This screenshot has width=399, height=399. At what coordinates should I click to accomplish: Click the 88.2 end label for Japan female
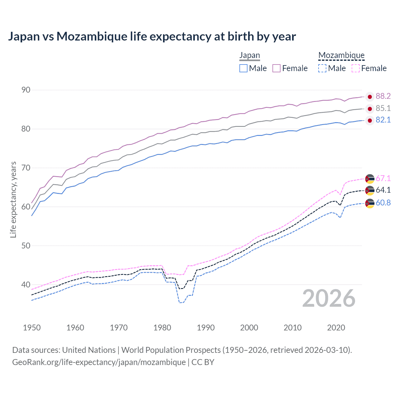[383, 96]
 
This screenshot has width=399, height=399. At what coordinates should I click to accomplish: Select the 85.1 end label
[383, 108]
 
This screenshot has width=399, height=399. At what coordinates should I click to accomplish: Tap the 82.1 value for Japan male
[383, 120]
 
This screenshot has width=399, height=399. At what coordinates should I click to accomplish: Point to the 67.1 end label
[383, 178]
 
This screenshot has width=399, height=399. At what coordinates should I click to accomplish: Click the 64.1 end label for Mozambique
[383, 190]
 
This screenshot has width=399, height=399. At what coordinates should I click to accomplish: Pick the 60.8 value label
[383, 203]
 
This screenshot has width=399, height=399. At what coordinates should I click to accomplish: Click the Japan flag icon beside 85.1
[370, 109]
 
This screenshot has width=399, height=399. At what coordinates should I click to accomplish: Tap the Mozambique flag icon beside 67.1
[370, 179]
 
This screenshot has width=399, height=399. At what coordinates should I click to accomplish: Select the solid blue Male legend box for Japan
[243, 68]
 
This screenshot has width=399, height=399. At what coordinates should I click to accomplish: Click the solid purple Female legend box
[276, 68]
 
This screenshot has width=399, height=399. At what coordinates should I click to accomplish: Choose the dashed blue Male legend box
[322, 68]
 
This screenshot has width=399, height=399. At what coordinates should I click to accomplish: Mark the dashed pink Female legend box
[356, 68]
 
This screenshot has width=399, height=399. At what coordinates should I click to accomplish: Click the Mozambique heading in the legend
[341, 55]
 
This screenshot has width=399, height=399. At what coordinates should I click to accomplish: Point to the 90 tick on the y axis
[26, 90]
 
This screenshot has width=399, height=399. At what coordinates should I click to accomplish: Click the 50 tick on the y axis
[26, 246]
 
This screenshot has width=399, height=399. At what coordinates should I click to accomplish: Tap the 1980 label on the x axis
[162, 328]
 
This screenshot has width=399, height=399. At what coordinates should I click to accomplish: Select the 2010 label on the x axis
[292, 328]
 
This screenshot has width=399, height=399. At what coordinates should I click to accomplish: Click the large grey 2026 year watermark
[329, 298]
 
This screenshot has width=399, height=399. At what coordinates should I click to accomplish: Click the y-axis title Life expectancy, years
[13, 199]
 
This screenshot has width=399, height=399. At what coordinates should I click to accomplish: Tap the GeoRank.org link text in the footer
[99, 362]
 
